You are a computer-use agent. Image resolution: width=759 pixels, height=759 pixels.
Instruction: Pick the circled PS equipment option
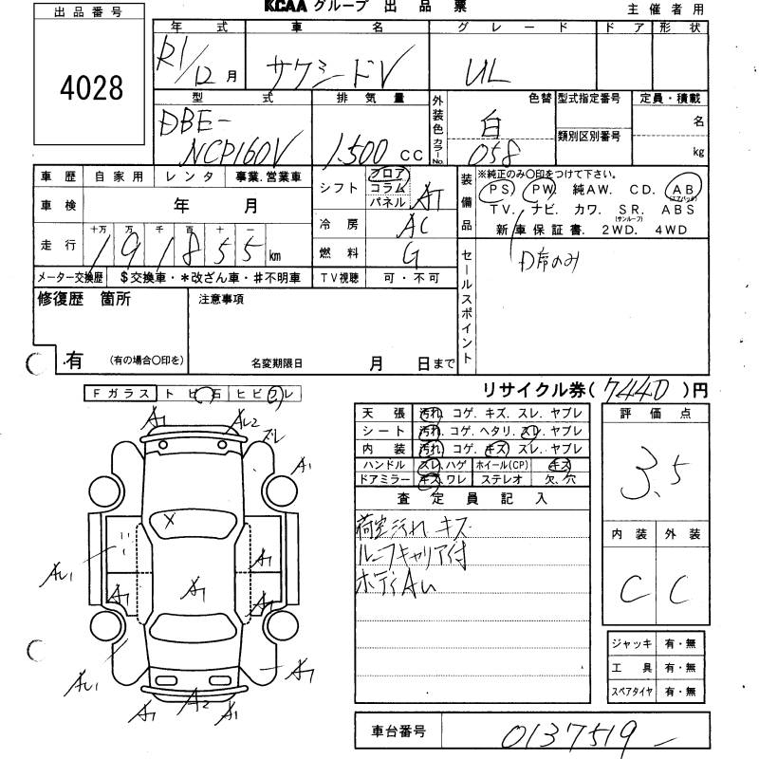(496, 191)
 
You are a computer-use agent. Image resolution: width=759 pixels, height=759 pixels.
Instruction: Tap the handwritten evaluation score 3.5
(646, 480)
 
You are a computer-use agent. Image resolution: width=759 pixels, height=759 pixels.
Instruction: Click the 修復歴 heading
(58, 300)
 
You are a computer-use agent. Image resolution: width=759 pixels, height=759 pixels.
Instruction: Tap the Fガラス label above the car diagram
(118, 393)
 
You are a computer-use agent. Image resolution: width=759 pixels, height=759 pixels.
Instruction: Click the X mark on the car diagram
(170, 518)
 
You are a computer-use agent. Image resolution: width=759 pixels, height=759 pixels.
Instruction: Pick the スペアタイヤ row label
(631, 692)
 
